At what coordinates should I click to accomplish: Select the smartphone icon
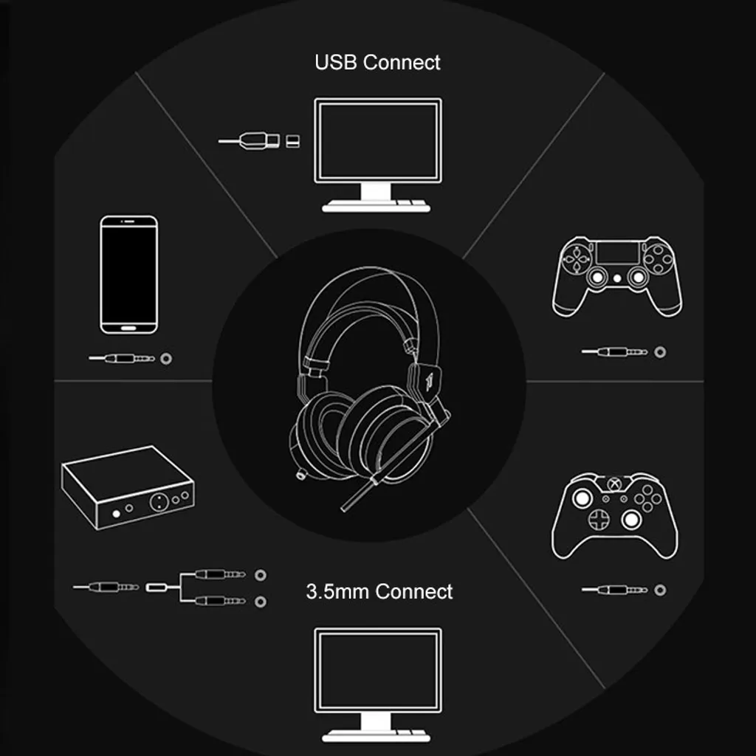click(x=128, y=275)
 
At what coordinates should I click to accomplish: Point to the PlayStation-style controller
click(x=617, y=276)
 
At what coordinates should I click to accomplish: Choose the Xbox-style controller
click(x=615, y=515)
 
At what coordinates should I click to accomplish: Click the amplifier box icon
click(x=128, y=487)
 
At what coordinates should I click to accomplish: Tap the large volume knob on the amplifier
click(x=159, y=502)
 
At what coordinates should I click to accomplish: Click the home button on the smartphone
click(x=128, y=328)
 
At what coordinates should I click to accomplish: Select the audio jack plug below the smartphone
click(x=122, y=358)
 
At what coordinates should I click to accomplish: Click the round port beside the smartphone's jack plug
click(x=166, y=358)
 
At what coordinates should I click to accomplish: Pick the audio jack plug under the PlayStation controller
click(x=614, y=352)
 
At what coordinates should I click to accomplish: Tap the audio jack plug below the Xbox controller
click(x=614, y=590)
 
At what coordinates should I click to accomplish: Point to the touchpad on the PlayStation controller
click(x=617, y=252)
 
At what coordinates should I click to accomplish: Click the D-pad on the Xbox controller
click(x=599, y=519)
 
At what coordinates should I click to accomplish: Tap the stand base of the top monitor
click(x=376, y=207)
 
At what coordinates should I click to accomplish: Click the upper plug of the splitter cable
click(x=220, y=574)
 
